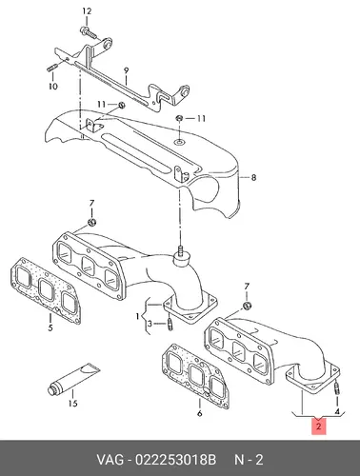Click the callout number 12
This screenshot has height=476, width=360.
tap(87, 11)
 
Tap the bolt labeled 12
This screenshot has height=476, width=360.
tap(87, 32)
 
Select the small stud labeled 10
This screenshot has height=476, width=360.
tap(52, 69)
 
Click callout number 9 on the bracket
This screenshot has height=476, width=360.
tap(126, 70)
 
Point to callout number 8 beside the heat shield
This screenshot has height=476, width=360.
tap(253, 178)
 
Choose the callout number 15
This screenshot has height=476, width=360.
tap(72, 404)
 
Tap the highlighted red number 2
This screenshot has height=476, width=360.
tap(319, 426)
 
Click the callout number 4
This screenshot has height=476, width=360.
tap(337, 411)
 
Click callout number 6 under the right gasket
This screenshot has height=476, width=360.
tap(199, 413)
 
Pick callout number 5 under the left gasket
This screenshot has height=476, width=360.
tap(50, 327)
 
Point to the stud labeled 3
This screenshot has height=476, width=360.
tap(170, 325)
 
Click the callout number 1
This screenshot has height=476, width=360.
tap(137, 316)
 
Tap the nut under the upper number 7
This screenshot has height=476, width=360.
tap(91, 222)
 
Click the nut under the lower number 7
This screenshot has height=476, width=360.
tap(248, 307)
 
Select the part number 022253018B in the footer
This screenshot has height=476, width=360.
tap(175, 460)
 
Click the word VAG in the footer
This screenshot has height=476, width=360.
tap(110, 460)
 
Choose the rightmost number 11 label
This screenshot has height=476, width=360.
tap(200, 119)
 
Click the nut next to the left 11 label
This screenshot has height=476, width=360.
tap(121, 105)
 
